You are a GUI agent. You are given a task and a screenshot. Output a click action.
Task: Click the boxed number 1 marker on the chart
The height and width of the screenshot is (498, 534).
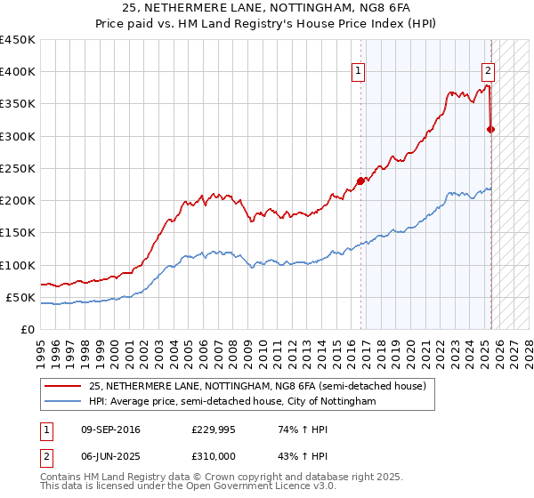coord(358,72)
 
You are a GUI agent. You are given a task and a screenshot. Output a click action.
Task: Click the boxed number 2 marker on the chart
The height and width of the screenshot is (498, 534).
coord(489,72)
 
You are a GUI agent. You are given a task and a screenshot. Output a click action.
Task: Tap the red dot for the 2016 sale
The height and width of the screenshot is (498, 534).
coord(360,181)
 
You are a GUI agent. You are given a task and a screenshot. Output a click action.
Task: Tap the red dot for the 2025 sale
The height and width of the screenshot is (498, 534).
coord(490,130)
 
